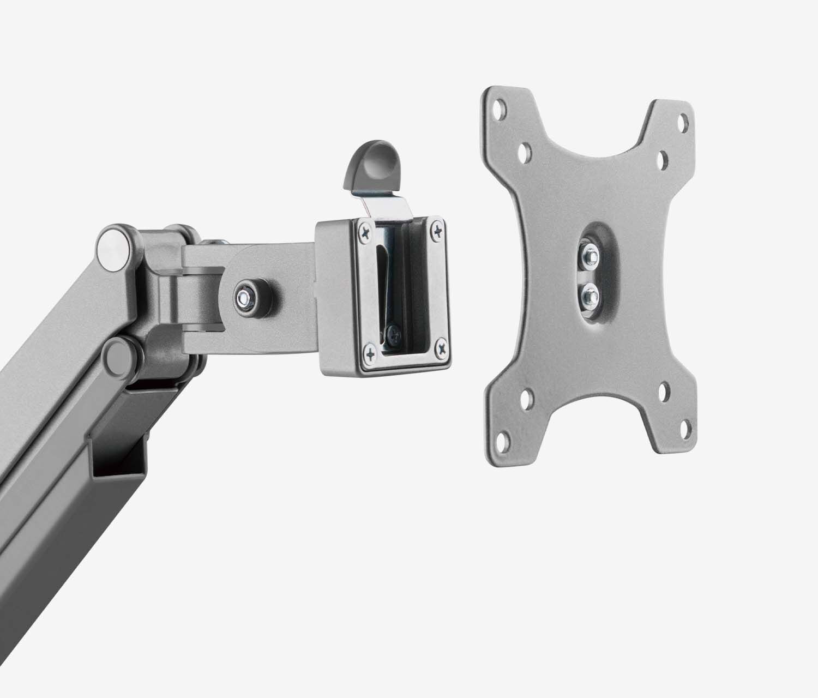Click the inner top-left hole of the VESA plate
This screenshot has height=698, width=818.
point(525,150)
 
